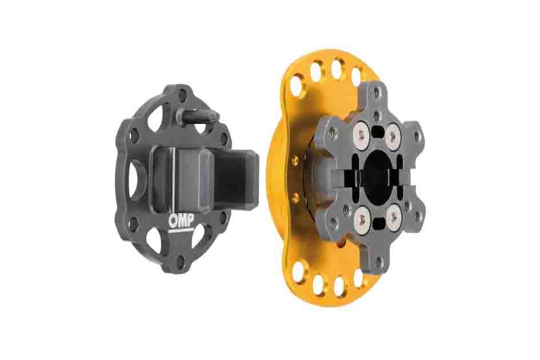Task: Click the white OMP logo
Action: (x=181, y=222)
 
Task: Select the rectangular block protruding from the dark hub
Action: (x=238, y=177)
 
